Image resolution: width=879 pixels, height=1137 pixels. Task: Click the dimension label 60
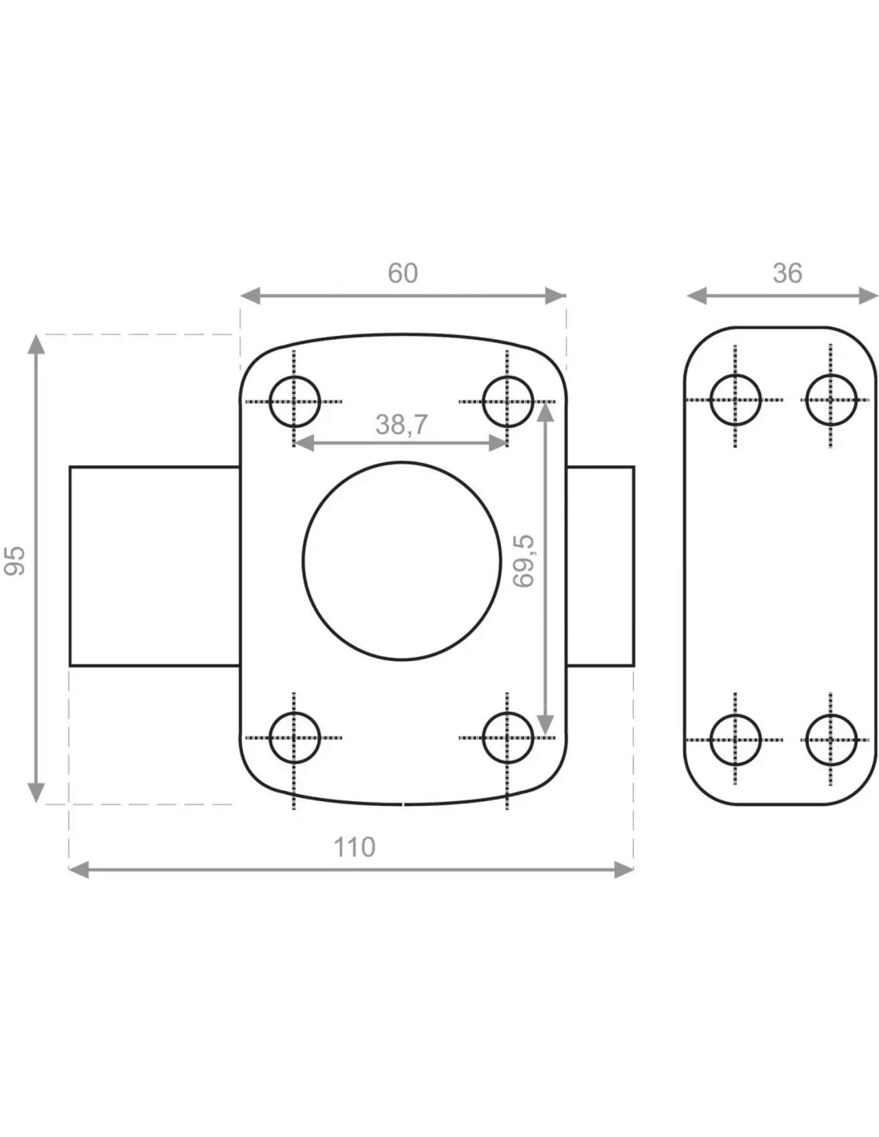point(402,273)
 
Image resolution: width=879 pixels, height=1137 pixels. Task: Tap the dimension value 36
point(787,273)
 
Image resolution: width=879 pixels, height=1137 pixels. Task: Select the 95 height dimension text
point(14,561)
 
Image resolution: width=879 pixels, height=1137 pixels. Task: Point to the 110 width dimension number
point(354,847)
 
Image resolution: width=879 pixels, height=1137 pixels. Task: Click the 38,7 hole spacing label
point(402,425)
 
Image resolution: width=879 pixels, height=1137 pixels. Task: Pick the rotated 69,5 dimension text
point(523,561)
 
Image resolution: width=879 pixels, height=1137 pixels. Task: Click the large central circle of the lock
point(401,461)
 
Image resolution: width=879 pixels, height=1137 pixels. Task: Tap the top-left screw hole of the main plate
point(294,377)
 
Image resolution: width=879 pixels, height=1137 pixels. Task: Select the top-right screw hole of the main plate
point(507,377)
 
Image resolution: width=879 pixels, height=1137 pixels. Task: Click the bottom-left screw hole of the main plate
point(294,712)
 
